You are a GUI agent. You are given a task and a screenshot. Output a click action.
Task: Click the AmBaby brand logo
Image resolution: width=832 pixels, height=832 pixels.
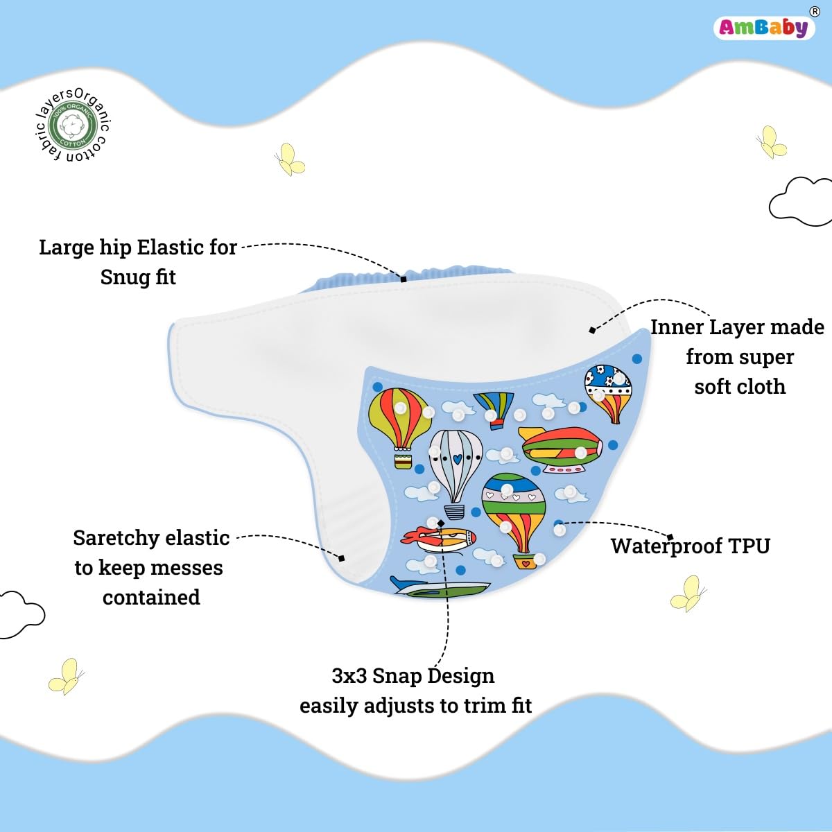pyautogui.click(x=763, y=27)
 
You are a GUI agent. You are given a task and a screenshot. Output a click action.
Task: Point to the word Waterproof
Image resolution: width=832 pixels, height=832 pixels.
pyautogui.click(x=657, y=546)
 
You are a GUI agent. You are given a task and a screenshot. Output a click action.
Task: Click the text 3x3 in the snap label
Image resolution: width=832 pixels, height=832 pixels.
pyautogui.click(x=349, y=676)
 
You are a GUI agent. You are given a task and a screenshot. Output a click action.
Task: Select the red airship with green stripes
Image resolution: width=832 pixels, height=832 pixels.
pyautogui.click(x=561, y=449)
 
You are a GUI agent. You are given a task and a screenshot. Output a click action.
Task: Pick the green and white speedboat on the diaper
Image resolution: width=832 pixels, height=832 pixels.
pyautogui.click(x=441, y=589)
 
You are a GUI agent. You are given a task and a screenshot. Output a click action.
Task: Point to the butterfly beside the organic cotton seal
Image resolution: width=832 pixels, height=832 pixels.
pyautogui.click(x=289, y=159)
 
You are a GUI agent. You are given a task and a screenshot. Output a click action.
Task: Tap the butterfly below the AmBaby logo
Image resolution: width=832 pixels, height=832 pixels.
pyautogui.click(x=771, y=143)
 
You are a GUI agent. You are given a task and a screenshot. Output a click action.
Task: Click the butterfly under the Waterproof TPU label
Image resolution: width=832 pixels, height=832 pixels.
pyautogui.click(x=688, y=593)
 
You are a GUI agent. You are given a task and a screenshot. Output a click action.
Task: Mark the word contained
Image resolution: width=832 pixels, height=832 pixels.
pyautogui.click(x=151, y=598)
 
